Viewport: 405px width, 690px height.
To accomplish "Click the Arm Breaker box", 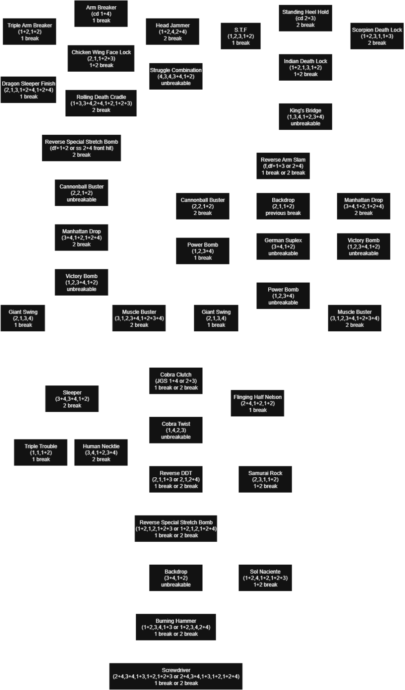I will [101, 14].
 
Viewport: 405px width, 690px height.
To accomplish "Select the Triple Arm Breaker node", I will [30, 32].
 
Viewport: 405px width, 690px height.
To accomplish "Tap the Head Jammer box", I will [173, 32].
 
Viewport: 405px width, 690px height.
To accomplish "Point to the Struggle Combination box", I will [175, 77].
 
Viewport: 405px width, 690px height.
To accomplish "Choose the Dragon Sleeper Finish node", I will [29, 90].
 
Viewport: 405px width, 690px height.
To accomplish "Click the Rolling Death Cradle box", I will [101, 103].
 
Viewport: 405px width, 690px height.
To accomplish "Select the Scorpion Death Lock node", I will [377, 36].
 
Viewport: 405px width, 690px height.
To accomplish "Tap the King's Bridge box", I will [306, 117].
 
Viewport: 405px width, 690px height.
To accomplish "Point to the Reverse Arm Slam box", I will [283, 166].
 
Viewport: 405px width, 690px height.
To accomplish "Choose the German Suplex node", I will [283, 247].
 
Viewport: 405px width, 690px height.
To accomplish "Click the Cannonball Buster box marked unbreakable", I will [81, 193].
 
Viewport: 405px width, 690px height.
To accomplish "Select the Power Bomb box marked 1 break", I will [203, 251].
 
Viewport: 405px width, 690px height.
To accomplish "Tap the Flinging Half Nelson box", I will [257, 403].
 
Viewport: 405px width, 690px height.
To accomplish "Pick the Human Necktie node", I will [101, 452].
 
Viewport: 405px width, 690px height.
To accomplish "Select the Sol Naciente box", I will [265, 578].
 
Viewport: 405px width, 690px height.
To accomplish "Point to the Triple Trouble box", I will [41, 452].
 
